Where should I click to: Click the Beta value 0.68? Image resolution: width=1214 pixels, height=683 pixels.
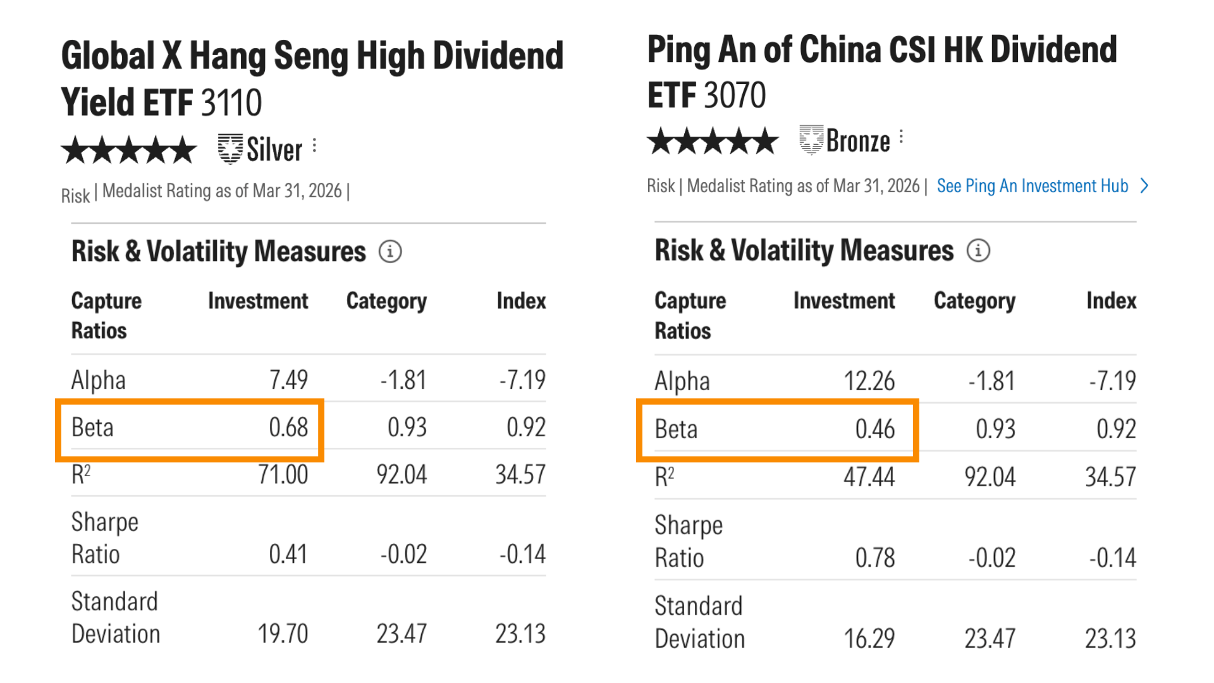[x=288, y=428]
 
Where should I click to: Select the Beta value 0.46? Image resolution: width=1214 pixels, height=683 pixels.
[x=875, y=429]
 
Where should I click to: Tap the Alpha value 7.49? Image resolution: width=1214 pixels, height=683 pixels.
[x=288, y=380]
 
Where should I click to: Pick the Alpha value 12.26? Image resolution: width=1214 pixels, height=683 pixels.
[x=869, y=381]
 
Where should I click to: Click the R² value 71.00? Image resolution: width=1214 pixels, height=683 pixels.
[x=283, y=475]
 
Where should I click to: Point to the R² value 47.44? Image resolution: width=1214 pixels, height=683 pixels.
[x=869, y=477]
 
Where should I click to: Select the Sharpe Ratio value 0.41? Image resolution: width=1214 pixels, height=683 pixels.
[x=288, y=555]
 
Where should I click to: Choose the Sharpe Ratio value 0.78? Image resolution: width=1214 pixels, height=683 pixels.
[x=875, y=558]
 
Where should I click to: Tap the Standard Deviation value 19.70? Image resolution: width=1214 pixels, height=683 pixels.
[x=283, y=634]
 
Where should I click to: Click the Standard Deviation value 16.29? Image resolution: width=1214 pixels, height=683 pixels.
[x=869, y=639]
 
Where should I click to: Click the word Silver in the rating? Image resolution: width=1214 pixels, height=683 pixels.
[x=274, y=150]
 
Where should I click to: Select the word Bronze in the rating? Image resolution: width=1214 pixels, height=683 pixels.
[x=858, y=141]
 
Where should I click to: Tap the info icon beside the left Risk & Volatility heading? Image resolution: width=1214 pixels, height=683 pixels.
[x=390, y=252]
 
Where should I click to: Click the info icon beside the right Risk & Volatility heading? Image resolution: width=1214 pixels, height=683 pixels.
[x=978, y=250]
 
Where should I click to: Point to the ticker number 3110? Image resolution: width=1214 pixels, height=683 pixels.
[x=231, y=102]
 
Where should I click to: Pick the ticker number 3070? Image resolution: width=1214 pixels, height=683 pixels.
[x=735, y=95]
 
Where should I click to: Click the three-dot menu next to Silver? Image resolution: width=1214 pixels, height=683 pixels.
[x=314, y=146]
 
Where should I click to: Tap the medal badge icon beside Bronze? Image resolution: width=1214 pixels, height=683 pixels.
[x=811, y=139]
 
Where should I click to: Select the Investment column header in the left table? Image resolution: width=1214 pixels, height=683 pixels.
[x=258, y=301]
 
